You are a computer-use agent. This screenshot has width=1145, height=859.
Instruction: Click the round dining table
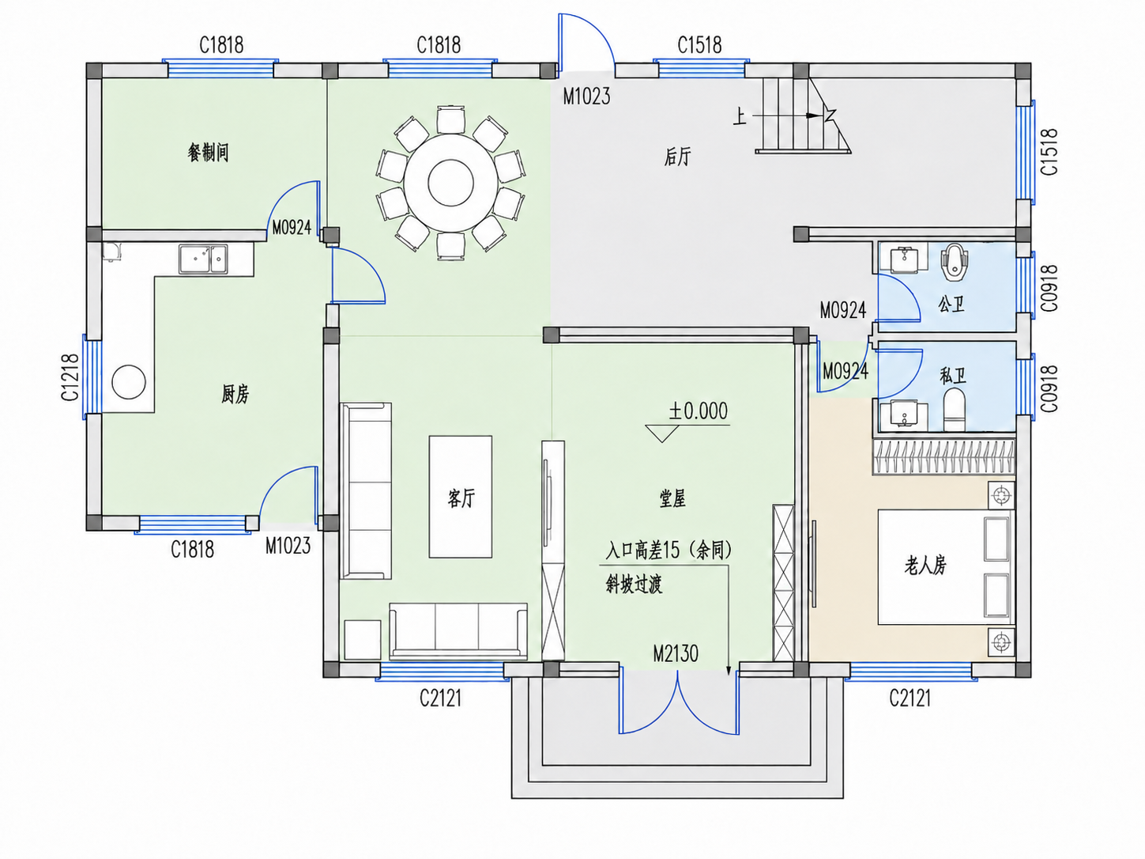[x=450, y=183]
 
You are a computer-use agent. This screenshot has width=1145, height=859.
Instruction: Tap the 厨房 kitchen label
[x=235, y=394]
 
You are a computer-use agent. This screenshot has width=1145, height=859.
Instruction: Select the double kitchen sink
[x=203, y=259]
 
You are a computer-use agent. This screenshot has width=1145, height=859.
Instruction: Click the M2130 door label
[x=676, y=654]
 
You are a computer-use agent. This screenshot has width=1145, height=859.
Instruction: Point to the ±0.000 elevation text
[x=698, y=411]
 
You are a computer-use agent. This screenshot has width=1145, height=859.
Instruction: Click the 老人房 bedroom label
[x=925, y=565]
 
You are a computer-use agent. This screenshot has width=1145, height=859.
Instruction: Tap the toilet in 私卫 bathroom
[x=955, y=410]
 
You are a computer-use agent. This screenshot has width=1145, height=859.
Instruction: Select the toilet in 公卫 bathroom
[x=954, y=262]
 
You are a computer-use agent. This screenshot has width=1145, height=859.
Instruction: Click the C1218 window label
[x=70, y=377]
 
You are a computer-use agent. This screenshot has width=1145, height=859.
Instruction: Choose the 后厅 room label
[x=677, y=157]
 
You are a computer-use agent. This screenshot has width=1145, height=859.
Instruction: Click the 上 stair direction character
[x=740, y=116]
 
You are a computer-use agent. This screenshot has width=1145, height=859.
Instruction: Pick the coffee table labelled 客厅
[x=460, y=497]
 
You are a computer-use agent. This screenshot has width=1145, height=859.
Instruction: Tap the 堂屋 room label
[x=672, y=499]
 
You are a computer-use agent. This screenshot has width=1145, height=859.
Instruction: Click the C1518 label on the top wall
[x=699, y=45]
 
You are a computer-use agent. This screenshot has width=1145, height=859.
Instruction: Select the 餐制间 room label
[x=208, y=153]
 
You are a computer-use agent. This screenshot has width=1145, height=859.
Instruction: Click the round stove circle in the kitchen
[x=129, y=382]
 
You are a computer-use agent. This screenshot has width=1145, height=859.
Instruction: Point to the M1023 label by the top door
[x=586, y=96]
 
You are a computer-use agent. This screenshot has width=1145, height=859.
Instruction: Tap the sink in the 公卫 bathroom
[x=905, y=260]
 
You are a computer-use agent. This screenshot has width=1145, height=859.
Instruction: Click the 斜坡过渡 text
[x=634, y=585]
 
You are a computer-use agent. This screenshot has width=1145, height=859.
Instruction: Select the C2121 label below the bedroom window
[x=910, y=698]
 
